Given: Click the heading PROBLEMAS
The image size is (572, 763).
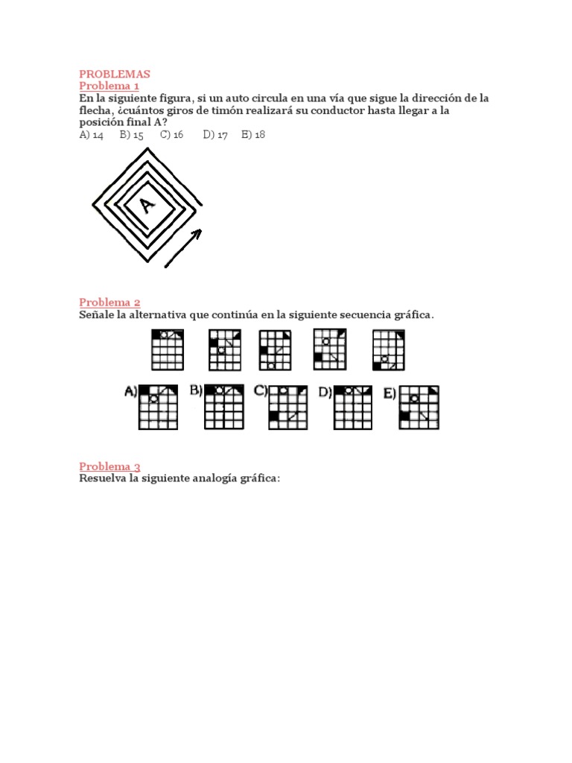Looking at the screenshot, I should coord(115,74).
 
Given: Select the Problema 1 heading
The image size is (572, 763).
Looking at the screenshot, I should coord(109,86).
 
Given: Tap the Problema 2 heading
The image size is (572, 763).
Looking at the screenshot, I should coord(109,302).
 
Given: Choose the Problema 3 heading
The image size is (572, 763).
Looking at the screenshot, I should coord(109,466).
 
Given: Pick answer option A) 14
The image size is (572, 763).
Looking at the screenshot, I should coord(91,135).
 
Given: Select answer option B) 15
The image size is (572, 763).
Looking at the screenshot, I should coord(131,135).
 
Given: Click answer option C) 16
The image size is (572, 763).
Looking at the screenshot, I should coord(171,135).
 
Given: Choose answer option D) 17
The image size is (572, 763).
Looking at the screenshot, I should coord(215,135).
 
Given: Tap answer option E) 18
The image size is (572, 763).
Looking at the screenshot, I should coord(253,135).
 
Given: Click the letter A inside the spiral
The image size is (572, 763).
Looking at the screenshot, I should coord(147,204).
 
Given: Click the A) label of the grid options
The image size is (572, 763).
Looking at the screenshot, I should coord(130,391).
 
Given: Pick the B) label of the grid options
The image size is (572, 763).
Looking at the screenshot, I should coord(196,390).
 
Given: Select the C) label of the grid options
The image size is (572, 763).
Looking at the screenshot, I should coord(261,390).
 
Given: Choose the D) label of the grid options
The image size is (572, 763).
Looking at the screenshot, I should coord(325,391).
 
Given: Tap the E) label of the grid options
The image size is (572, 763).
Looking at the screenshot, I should coord(390,393).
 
